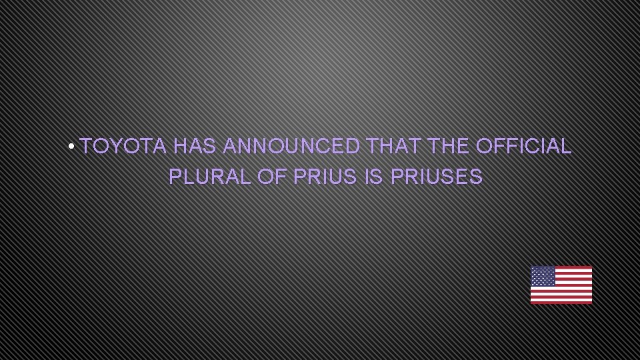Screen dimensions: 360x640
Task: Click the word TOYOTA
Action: (x=123, y=147)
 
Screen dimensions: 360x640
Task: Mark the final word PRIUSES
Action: (x=436, y=177)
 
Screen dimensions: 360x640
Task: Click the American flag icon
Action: (x=561, y=285)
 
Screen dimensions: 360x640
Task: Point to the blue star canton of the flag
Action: (x=543, y=276)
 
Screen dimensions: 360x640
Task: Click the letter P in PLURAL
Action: (x=175, y=177)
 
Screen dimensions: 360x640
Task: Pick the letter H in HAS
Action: (x=181, y=147)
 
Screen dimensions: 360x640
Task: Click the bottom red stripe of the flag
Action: (x=561, y=302)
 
